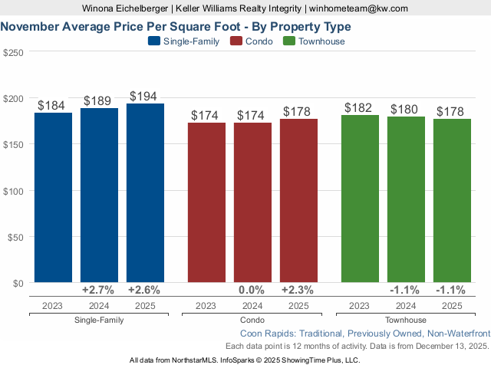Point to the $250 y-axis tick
point(13,53)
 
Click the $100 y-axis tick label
point(13,191)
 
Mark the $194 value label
point(145,97)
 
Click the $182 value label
point(360,108)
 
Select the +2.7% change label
point(98,291)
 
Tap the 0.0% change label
point(252,291)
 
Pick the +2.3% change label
point(298,291)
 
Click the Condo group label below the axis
point(252,320)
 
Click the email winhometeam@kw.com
point(359,8)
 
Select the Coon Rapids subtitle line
point(364,334)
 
